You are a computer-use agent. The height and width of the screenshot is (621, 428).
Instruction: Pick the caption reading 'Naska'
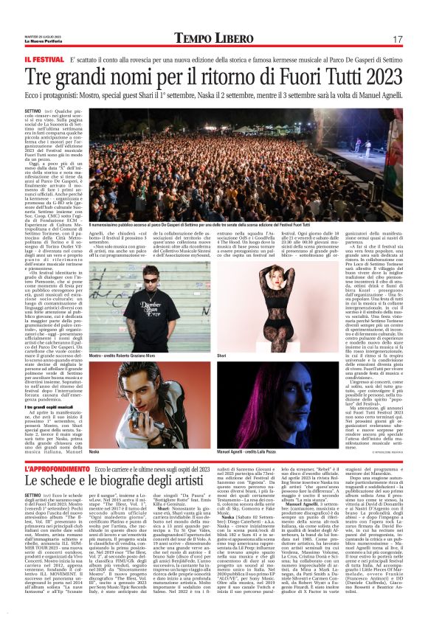pyautogui.click(x=94, y=450)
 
